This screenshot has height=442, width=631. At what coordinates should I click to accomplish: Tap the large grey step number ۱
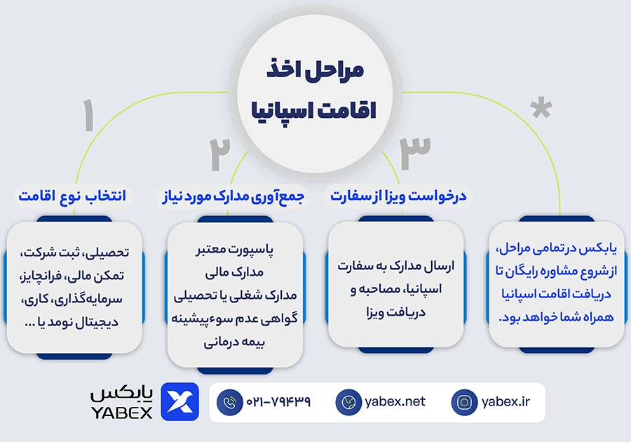tap(88, 115)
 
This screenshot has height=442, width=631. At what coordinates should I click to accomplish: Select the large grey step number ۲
tap(219, 154)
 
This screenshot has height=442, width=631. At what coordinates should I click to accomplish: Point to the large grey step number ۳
tap(415, 154)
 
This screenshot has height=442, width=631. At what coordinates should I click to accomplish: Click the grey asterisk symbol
tap(541, 107)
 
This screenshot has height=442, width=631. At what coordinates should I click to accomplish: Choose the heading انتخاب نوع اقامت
tap(72, 196)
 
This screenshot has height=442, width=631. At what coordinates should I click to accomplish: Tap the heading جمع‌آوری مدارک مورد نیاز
tap(233, 197)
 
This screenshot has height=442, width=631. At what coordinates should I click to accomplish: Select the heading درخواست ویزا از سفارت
tap(398, 196)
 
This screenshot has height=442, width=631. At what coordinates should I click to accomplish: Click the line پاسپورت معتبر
tap(235, 250)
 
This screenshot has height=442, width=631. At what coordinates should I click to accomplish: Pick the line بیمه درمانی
tap(234, 342)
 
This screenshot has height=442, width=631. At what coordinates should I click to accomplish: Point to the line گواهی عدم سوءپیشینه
tap(235, 319)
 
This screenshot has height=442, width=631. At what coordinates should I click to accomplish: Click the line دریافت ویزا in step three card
tap(396, 312)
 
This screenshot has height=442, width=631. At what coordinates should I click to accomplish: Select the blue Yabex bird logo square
tap(180, 402)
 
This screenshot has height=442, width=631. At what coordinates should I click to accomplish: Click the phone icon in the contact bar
tap(230, 402)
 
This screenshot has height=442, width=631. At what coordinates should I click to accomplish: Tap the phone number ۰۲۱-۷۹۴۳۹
tap(278, 401)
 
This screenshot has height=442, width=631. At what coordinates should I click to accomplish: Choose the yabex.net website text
tap(395, 401)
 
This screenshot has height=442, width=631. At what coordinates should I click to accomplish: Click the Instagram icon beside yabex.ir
tap(464, 402)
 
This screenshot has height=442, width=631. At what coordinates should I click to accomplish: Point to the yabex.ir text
tap(506, 401)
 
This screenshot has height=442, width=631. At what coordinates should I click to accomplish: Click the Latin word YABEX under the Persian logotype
tap(121, 413)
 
